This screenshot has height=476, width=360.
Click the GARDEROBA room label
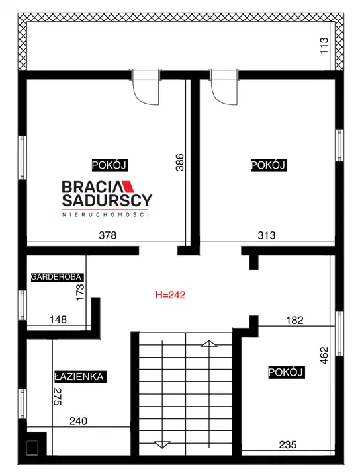click(x=56, y=277)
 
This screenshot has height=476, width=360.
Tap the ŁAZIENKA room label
click(x=79, y=377)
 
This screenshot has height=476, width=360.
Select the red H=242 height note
click(x=170, y=295)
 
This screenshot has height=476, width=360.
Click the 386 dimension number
click(x=180, y=163)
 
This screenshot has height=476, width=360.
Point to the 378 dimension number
click(x=108, y=235)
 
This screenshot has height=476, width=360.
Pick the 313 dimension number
click(x=267, y=235)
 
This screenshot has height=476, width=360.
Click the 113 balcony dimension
click(x=324, y=46)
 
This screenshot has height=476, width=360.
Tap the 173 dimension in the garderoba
click(x=80, y=292)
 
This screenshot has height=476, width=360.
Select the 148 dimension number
click(x=58, y=319)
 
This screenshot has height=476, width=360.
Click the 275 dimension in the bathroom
click(x=58, y=397)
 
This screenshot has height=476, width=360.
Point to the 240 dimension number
click(x=78, y=421)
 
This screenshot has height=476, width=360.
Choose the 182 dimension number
click(x=294, y=320)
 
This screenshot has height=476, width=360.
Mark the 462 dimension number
click(x=324, y=356)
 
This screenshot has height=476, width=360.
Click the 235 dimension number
click(x=288, y=445)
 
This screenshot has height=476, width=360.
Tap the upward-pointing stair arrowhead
click(x=208, y=344)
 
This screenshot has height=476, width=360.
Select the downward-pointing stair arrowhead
click(x=162, y=444)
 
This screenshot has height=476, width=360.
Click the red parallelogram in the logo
click(x=127, y=186)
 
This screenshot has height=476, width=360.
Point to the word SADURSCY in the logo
click(x=107, y=200)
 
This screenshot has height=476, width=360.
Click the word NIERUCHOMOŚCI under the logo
click(x=105, y=214)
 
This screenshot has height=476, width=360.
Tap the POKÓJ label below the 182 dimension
click(x=286, y=372)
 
